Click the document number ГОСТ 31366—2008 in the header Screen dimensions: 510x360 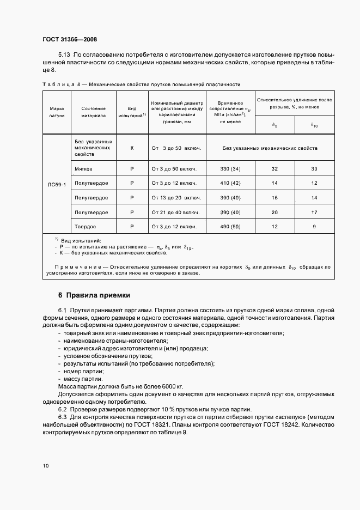pos(69,39)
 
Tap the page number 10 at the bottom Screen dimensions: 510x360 pos(45,466)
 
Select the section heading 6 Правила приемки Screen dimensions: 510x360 pos(94,295)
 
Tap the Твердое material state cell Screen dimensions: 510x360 pos(85,226)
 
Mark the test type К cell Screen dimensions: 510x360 pos(132,148)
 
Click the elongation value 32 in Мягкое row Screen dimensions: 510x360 pos(274,169)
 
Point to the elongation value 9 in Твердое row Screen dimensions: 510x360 pos(314,226)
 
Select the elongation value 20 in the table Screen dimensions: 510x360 pos(274,212)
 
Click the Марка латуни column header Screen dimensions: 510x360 pos(57,112)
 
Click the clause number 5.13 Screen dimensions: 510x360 pos(64,56)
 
